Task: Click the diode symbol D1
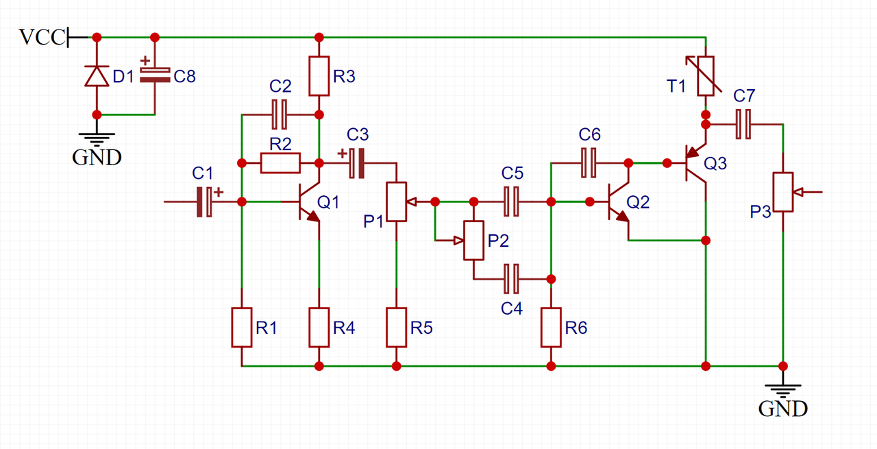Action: coord(97,75)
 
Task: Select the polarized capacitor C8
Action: coord(155,75)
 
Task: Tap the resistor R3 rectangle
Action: coord(319,75)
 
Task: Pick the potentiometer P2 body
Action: coord(473,240)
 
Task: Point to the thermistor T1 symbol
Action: coord(706,75)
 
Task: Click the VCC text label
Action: coord(41,38)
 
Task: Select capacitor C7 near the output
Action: coord(743,124)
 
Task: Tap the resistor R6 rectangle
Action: coord(551,328)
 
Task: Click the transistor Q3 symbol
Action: coord(695,163)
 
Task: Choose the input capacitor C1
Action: coord(204,202)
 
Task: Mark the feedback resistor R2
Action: coord(280,163)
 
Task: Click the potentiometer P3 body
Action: coord(782,193)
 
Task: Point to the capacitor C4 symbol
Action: coord(512,278)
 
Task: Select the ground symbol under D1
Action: coord(97,138)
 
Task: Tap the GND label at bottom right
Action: coord(782,410)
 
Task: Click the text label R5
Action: coord(421,328)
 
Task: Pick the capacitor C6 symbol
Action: coord(589,163)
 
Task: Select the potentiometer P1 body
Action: coord(396,202)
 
